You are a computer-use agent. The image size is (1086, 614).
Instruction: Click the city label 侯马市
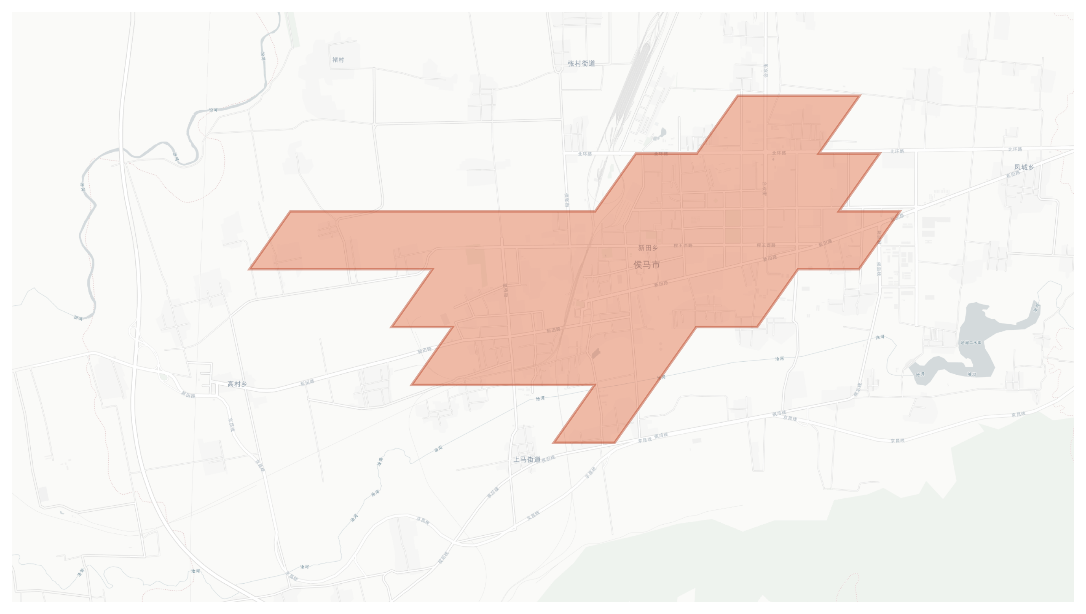pyautogui.click(x=646, y=265)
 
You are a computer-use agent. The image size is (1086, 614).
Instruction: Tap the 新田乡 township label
pyautogui.click(x=648, y=248)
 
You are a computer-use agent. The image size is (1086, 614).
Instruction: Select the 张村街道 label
pyautogui.click(x=581, y=64)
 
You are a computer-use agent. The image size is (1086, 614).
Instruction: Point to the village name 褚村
pyautogui.click(x=338, y=60)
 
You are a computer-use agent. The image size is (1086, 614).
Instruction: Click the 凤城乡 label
pyautogui.click(x=1023, y=167)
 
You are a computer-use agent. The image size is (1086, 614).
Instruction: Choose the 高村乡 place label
pyautogui.click(x=237, y=384)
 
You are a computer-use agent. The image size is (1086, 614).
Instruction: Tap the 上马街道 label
pyautogui.click(x=526, y=460)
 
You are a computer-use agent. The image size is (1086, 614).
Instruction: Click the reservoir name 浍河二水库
pyautogui.click(x=970, y=343)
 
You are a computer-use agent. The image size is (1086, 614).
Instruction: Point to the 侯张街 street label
pyautogui.click(x=567, y=200)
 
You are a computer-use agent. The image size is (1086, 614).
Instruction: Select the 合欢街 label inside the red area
pyautogui.click(x=764, y=188)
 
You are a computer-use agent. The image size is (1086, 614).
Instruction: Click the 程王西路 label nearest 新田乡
pyautogui.click(x=683, y=246)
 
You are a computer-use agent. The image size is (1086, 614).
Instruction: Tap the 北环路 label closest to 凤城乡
pyautogui.click(x=1015, y=149)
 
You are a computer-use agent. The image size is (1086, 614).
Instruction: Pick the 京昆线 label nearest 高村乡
pyautogui.click(x=231, y=424)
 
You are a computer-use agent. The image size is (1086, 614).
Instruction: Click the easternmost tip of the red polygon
pyautogui.click(x=901, y=211)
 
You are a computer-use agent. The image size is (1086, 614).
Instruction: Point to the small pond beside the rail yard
pyautogui.click(x=662, y=133)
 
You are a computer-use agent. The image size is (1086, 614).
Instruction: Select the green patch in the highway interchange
pyautogui.click(x=163, y=377)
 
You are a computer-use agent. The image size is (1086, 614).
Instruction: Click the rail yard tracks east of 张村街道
pyautogui.click(x=632, y=84)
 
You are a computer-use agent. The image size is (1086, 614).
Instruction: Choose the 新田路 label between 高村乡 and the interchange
pyautogui.click(x=188, y=395)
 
